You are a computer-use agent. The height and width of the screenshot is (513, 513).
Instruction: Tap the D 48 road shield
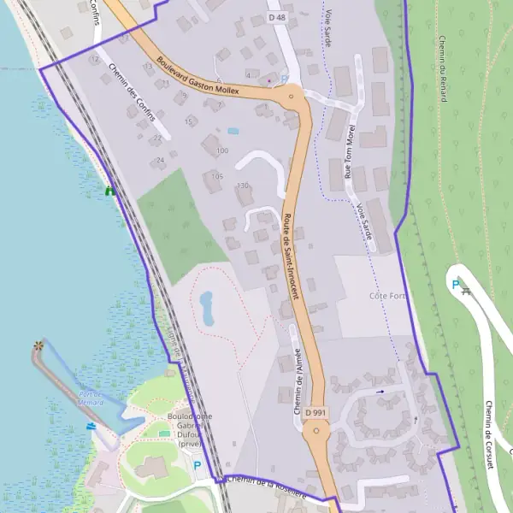click(276, 17)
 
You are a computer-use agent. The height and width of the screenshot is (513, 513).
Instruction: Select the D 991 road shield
click(316, 412)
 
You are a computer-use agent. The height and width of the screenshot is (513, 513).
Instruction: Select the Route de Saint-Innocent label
click(291, 256)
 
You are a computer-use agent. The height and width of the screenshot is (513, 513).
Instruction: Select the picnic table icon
click(466, 292)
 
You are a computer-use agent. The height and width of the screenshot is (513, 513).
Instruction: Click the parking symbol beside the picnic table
click(455, 285)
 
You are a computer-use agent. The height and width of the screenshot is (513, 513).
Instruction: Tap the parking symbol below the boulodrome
click(198, 466)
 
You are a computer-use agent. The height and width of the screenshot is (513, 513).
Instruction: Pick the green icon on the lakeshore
click(109, 192)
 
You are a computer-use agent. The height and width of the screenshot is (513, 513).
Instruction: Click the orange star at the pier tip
click(38, 345)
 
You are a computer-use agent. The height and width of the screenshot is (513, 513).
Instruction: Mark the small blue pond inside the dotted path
click(207, 308)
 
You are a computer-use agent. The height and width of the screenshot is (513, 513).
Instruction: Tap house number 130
click(243, 186)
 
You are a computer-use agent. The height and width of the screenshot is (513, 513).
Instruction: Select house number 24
click(160, 160)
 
